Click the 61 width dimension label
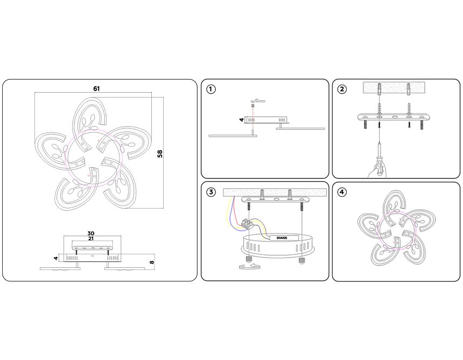(x=96, y=89)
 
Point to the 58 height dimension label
(x=160, y=154)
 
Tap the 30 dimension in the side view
(x=90, y=233)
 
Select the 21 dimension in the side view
(x=90, y=238)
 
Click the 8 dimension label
(x=152, y=262)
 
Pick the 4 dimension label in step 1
(x=242, y=120)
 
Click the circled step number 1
(x=211, y=89)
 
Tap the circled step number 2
(x=342, y=89)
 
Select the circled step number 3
(x=211, y=192)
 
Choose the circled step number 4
(x=342, y=192)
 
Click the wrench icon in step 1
(x=259, y=101)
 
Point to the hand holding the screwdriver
(x=377, y=171)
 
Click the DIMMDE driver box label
(x=282, y=238)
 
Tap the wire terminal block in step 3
(x=248, y=224)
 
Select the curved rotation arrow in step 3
(x=249, y=267)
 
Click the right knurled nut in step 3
(x=301, y=261)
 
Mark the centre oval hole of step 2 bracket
(x=394, y=116)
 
